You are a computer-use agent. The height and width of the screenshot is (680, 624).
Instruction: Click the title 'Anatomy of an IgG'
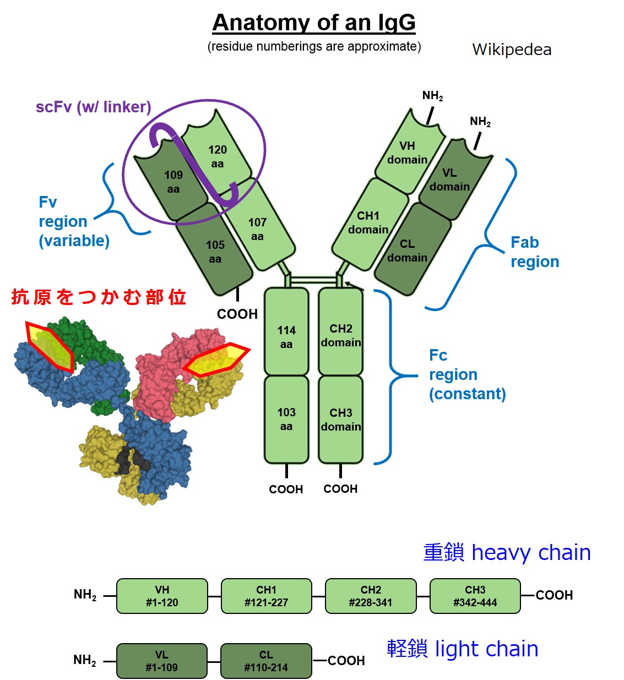(313, 23)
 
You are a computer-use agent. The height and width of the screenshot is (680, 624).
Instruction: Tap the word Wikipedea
(511, 50)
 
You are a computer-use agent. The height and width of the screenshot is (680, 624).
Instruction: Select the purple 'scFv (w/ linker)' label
(93, 107)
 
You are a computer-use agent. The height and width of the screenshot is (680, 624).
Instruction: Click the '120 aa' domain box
(217, 156)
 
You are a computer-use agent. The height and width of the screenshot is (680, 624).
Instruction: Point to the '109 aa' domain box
(173, 182)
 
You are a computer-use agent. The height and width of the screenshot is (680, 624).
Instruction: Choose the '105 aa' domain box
(215, 252)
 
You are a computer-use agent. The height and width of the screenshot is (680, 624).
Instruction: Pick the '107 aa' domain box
(257, 229)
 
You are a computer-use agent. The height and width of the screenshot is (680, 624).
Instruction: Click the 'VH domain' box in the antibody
(407, 153)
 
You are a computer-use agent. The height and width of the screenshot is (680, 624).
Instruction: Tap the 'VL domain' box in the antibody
(449, 179)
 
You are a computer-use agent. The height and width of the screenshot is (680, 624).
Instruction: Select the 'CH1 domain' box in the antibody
(368, 222)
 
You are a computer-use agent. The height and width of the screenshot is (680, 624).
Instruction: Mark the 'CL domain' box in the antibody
(407, 251)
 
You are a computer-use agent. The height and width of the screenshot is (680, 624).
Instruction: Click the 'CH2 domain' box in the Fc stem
(341, 335)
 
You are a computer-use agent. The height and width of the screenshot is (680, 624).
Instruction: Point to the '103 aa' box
(286, 419)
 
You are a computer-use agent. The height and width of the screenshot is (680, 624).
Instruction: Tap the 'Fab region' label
(534, 252)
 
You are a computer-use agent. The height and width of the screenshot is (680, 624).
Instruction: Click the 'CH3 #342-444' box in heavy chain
(475, 596)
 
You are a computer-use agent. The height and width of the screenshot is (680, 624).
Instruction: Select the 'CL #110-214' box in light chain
(266, 661)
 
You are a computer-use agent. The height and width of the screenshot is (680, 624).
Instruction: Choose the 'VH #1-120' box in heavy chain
(162, 596)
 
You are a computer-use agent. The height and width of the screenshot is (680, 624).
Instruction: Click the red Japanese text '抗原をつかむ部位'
(99, 297)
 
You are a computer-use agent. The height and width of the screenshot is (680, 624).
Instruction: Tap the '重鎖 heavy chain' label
(507, 552)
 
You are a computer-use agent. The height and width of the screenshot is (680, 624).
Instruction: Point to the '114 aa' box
(286, 337)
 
